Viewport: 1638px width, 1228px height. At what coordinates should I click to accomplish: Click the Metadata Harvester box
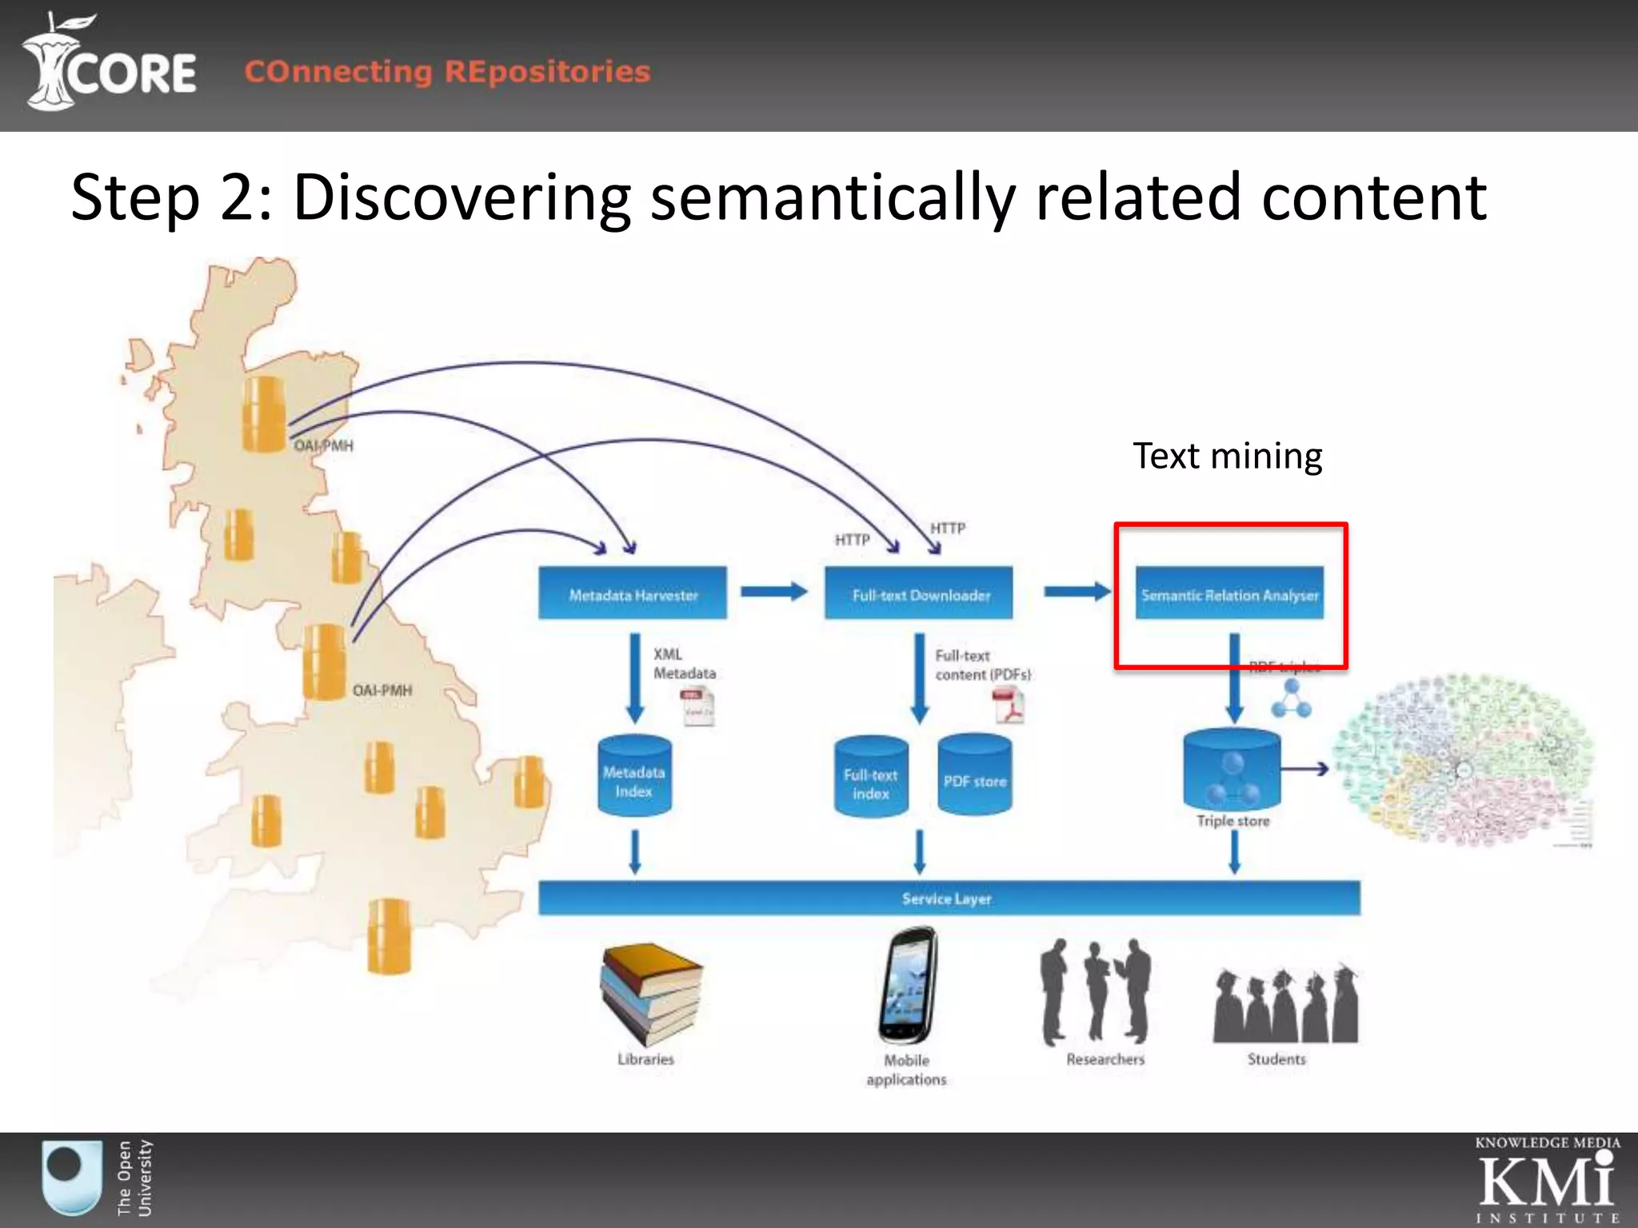633,593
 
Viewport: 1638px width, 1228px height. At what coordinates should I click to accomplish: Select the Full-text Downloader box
919,593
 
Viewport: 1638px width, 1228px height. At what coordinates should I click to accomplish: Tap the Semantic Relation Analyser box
1229,593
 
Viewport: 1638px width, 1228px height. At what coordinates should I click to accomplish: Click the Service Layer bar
949,898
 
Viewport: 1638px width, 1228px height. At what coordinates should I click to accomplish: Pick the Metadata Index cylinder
634,776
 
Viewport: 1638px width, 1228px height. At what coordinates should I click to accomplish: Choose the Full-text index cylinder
870,778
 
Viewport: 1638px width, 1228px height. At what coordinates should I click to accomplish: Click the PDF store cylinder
974,776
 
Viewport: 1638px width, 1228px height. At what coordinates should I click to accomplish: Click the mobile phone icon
908,985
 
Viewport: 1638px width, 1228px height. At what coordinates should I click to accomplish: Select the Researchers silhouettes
1096,991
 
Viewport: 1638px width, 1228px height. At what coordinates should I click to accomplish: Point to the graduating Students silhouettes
1284,1006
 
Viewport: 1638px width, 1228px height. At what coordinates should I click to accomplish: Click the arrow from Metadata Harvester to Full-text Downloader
773,592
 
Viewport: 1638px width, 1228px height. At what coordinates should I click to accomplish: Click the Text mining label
1227,457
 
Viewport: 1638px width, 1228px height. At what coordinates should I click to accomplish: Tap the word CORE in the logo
132,74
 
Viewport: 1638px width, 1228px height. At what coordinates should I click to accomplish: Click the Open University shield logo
72,1178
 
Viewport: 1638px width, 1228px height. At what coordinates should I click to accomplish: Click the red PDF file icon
1008,706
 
